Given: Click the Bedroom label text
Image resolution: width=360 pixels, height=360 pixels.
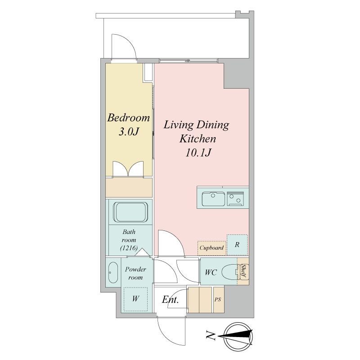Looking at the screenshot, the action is click(129, 117).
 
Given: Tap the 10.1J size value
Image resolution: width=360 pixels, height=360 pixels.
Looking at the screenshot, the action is click(198, 153).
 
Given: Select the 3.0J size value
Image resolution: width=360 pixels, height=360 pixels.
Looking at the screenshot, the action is click(129, 131).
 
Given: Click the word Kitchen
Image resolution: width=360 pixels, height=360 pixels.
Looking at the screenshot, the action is click(198, 139).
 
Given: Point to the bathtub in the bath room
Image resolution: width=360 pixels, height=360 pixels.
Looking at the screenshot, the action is click(130, 212).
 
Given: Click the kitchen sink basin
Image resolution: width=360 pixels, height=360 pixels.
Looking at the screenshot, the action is click(213, 199).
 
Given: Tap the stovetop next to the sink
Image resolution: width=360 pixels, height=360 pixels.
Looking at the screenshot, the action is click(235, 198).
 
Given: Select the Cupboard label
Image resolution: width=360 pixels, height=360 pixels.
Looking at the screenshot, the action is click(211, 248).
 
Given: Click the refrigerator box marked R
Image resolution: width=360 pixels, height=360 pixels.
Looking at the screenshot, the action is click(237, 245).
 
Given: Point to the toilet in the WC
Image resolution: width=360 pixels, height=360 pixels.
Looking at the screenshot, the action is click(230, 272).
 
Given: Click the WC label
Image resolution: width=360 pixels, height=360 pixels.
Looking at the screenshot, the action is click(211, 272).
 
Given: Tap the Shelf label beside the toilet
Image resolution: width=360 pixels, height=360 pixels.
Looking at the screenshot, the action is click(243, 271).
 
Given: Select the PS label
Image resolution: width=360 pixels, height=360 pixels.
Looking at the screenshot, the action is click(218, 299).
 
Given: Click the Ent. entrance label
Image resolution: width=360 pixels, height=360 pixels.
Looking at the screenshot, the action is click(170, 299).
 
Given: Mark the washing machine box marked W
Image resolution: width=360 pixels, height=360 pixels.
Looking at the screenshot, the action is click(135, 299).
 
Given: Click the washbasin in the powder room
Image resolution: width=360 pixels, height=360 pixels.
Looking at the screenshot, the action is click(113, 272).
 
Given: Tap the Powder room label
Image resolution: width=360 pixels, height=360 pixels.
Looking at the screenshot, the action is click(135, 273).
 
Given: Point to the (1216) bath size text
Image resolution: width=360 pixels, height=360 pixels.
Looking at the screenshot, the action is click(129, 248).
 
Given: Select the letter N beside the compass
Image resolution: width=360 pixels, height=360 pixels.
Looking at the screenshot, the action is click(211, 336).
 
